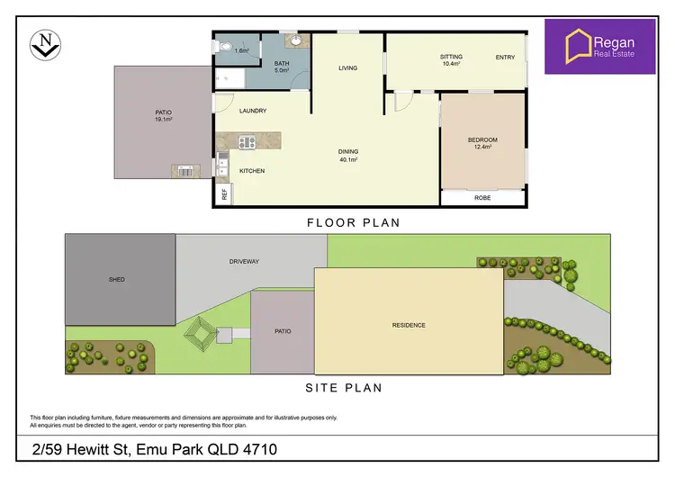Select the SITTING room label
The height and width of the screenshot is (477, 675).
(451, 57)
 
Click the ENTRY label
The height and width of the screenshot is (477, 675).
(505, 58)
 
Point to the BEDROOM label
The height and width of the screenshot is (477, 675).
(482, 140)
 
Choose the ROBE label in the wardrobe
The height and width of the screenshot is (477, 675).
(482, 199)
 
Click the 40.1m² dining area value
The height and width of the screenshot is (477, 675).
(348, 160)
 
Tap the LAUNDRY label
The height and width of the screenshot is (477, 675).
(252, 111)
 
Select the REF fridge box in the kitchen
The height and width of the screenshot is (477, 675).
(221, 193)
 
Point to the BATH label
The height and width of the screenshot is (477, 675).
(281, 63)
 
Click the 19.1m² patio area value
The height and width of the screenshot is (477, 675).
(163, 119)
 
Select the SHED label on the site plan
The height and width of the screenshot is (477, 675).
(117, 280)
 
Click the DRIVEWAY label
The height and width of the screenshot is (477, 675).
(244, 262)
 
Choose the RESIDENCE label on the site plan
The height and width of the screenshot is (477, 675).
(409, 325)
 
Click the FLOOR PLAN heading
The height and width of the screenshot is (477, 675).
(353, 222)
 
